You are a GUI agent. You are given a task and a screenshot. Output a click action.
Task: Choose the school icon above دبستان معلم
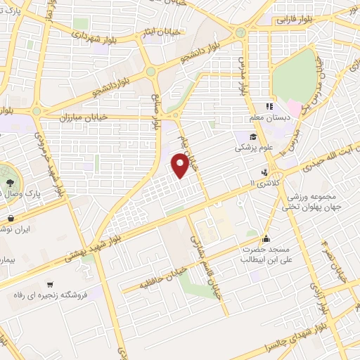(270, 106)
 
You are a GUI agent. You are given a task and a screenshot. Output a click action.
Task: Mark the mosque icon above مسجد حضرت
(266, 238)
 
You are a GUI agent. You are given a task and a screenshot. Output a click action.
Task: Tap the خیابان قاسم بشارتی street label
(207, 264)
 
